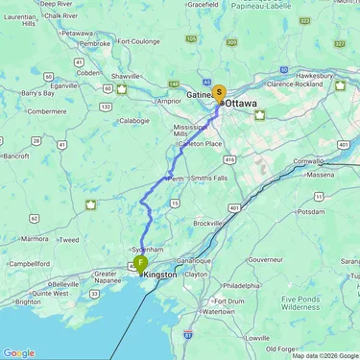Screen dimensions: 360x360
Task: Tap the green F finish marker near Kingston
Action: (140, 263)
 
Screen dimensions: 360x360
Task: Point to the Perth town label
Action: (176, 179)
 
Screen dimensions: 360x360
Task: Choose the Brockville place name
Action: (207, 223)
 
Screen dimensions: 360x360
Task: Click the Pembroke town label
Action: (95, 43)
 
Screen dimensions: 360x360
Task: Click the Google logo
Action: (18, 352)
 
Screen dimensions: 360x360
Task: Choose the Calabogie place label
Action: (133, 121)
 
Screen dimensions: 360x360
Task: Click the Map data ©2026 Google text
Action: (324, 355)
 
